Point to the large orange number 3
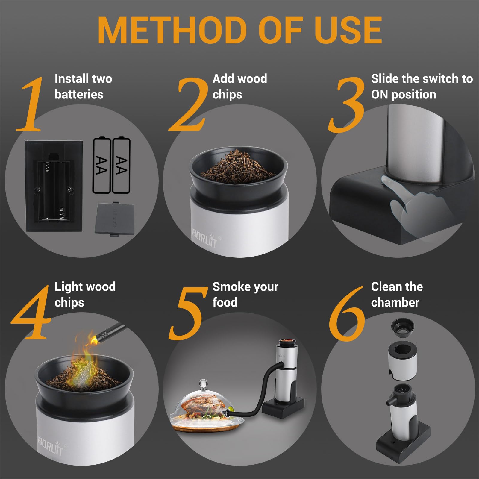click(x=347, y=105)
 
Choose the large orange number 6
click(x=347, y=314)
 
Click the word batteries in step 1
click(x=79, y=94)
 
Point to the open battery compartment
click(x=54, y=186)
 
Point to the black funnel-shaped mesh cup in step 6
click(x=403, y=328)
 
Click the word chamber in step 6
click(x=395, y=303)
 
